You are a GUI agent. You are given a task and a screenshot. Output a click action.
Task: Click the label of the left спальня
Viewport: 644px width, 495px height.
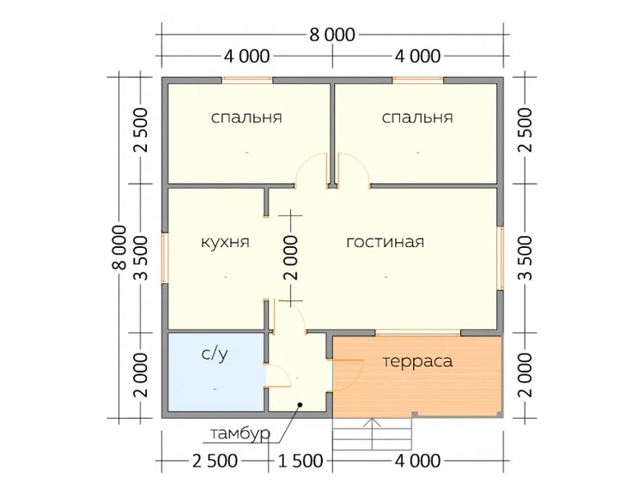tap(246, 118)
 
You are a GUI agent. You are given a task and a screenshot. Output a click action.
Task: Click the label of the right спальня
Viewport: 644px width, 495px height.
tap(417, 118)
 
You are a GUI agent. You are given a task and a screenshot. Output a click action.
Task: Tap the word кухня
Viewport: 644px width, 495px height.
tap(225, 242)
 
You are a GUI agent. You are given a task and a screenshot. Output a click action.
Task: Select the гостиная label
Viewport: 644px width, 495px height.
tap(385, 242)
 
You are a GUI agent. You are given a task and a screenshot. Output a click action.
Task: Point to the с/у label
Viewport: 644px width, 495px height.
tap(215, 353)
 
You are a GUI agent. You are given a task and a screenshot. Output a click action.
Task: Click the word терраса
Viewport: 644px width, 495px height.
tap(417, 362)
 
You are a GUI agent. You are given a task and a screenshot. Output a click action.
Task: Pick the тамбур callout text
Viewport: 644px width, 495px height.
tap(240, 433)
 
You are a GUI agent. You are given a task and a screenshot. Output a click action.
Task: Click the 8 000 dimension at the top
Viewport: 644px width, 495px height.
tap(331, 35)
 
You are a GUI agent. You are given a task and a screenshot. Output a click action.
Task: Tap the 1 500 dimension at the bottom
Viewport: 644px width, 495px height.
tap(301, 461)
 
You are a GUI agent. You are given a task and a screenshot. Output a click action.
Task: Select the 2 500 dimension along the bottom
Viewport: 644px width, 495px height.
tap(215, 461)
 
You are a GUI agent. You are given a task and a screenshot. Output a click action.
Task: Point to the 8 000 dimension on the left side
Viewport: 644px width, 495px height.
tap(119, 247)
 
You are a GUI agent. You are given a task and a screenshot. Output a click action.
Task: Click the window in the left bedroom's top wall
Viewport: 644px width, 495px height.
tap(247, 81)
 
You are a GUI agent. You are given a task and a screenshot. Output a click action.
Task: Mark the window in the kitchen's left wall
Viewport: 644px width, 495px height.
tap(164, 258)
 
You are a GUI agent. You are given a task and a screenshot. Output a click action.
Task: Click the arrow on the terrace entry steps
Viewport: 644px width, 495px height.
tap(372, 434)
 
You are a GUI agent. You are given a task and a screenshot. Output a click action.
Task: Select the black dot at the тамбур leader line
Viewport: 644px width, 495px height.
tap(301, 405)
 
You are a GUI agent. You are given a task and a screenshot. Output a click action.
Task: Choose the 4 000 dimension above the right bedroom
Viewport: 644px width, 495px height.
tap(417, 57)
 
